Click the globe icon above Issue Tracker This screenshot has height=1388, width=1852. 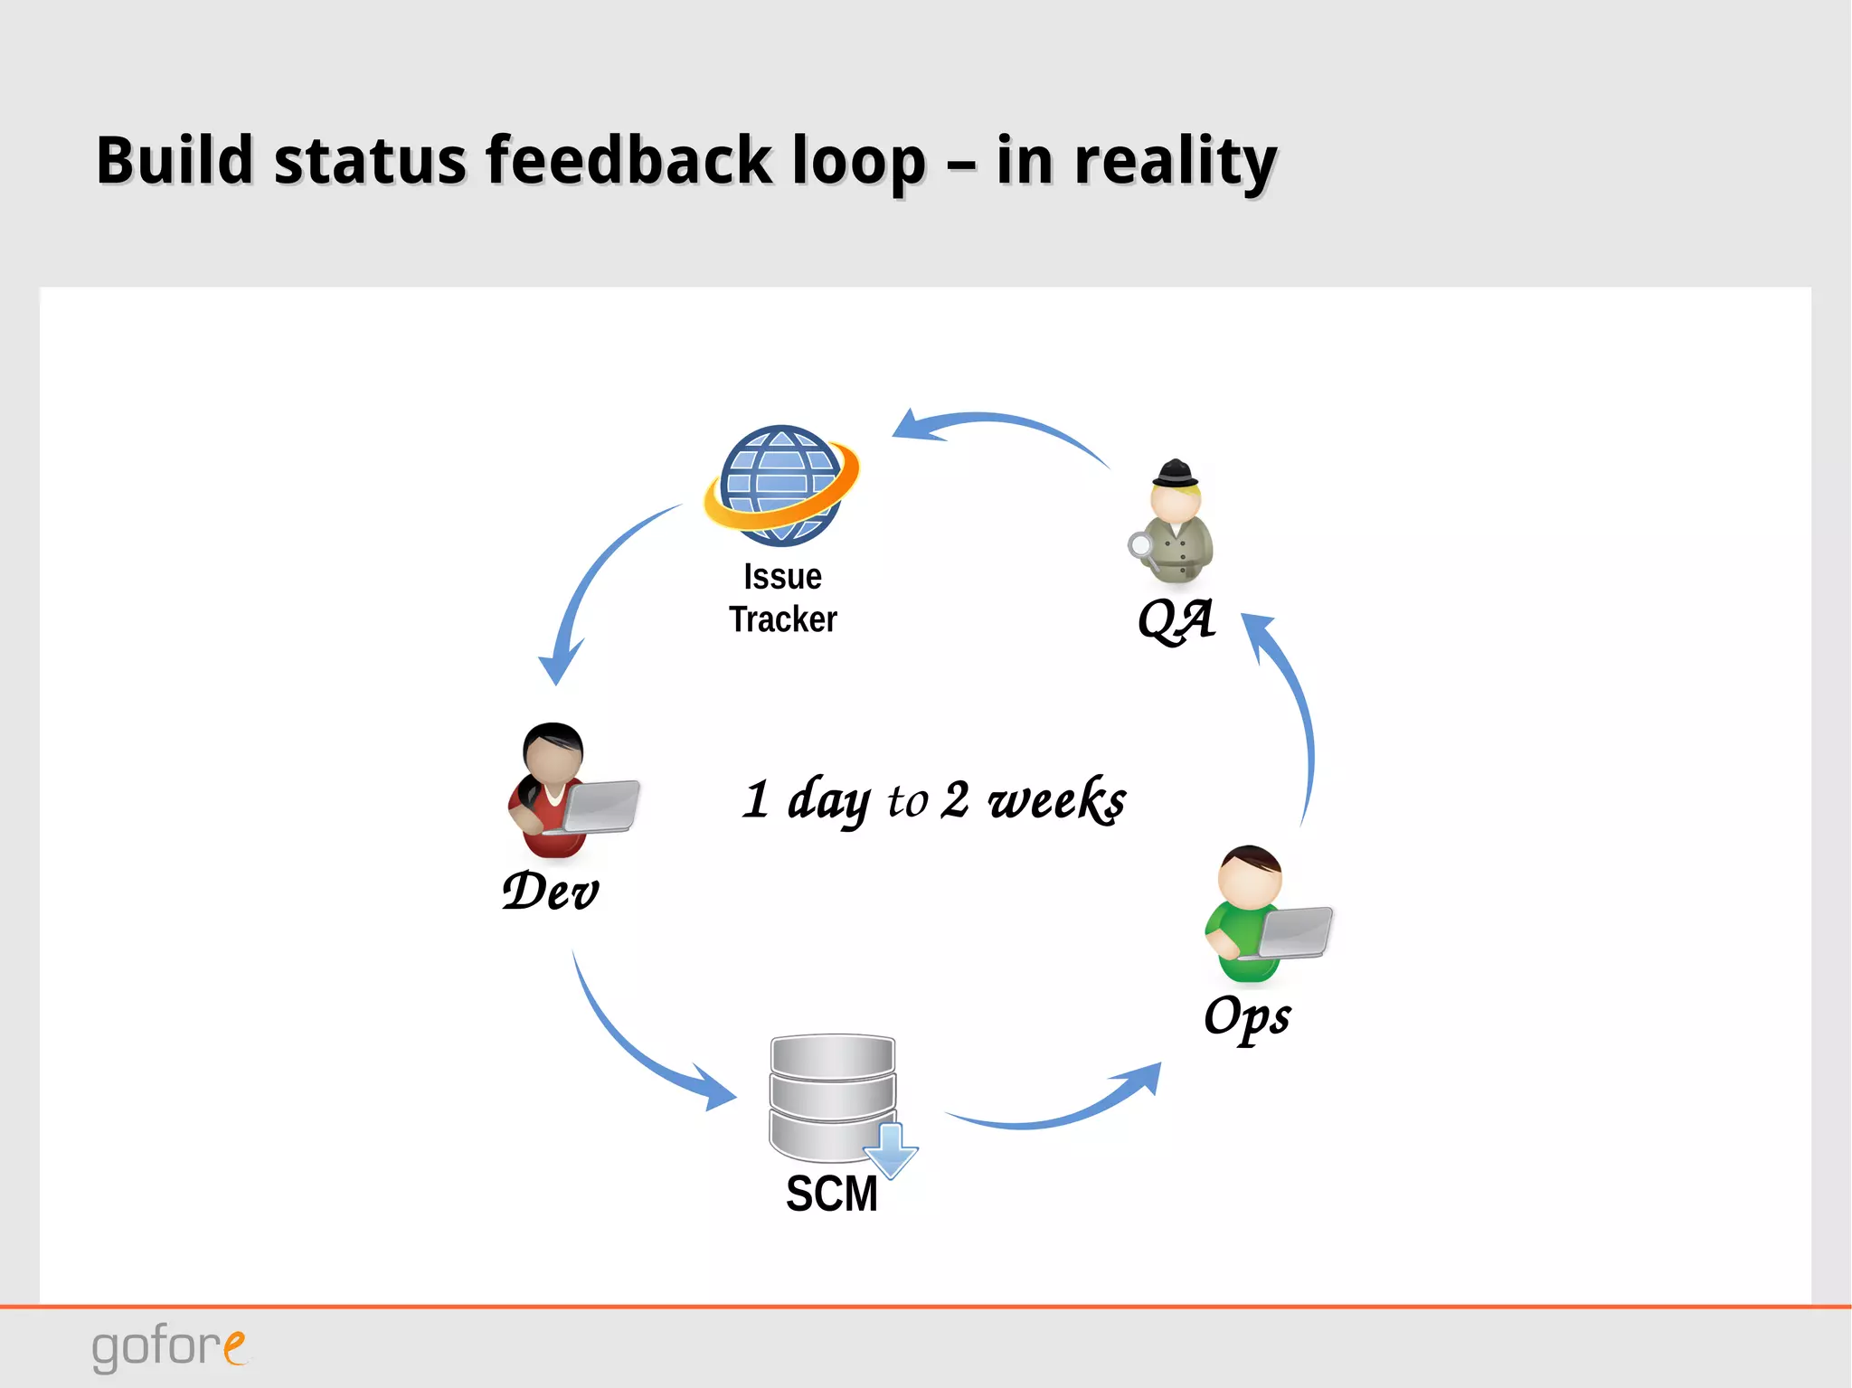pyautogui.click(x=780, y=486)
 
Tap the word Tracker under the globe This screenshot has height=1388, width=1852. pyautogui.click(x=783, y=620)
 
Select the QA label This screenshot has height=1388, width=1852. pyautogui.click(x=1176, y=620)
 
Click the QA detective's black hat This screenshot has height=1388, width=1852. pyautogui.click(x=1175, y=474)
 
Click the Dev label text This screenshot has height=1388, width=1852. pyautogui.click(x=551, y=892)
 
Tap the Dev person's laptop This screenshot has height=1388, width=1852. pyautogui.click(x=600, y=806)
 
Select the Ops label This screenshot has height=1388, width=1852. pyautogui.click(x=1247, y=1016)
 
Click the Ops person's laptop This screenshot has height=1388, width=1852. pyautogui.click(x=1295, y=932)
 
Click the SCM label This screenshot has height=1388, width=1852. pyautogui.click(x=832, y=1194)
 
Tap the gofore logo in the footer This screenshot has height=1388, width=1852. pyautogui.click(x=168, y=1346)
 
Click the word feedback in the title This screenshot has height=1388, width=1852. pyautogui.click(x=628, y=161)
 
